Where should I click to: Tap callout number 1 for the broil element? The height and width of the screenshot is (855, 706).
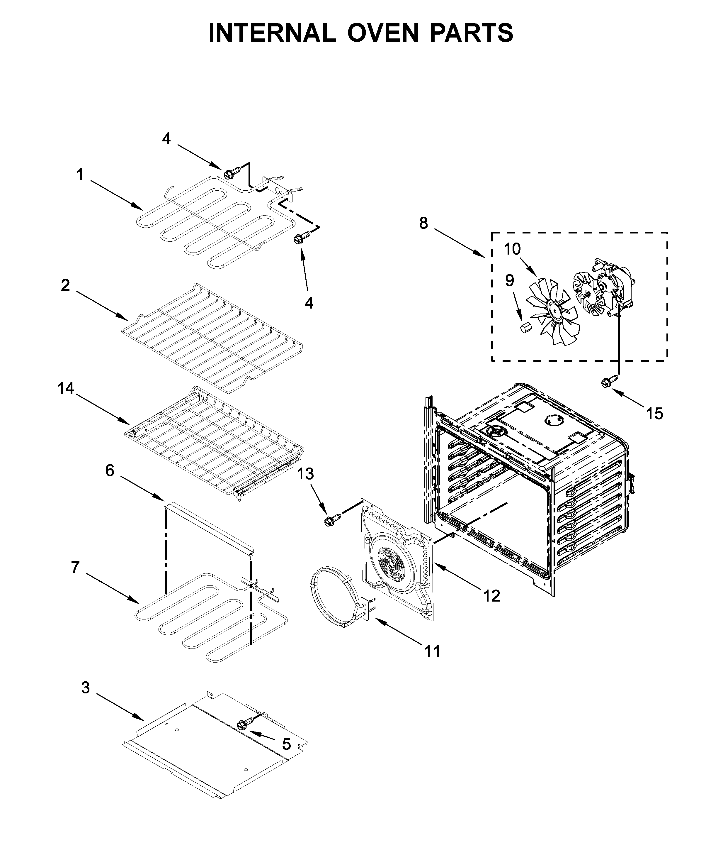[80, 175]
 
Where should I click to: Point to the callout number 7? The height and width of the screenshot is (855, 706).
[75, 567]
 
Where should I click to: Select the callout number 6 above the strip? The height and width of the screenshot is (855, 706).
[110, 470]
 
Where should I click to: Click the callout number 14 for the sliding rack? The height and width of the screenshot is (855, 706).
[65, 389]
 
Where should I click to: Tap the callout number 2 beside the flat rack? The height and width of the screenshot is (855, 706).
[65, 286]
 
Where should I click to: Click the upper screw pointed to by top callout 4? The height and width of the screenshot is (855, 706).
[228, 174]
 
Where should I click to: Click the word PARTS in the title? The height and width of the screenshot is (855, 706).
[471, 33]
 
